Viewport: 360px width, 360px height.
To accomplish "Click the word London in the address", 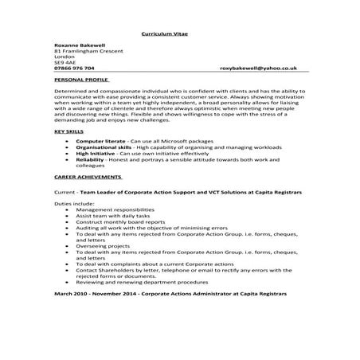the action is (63, 58).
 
